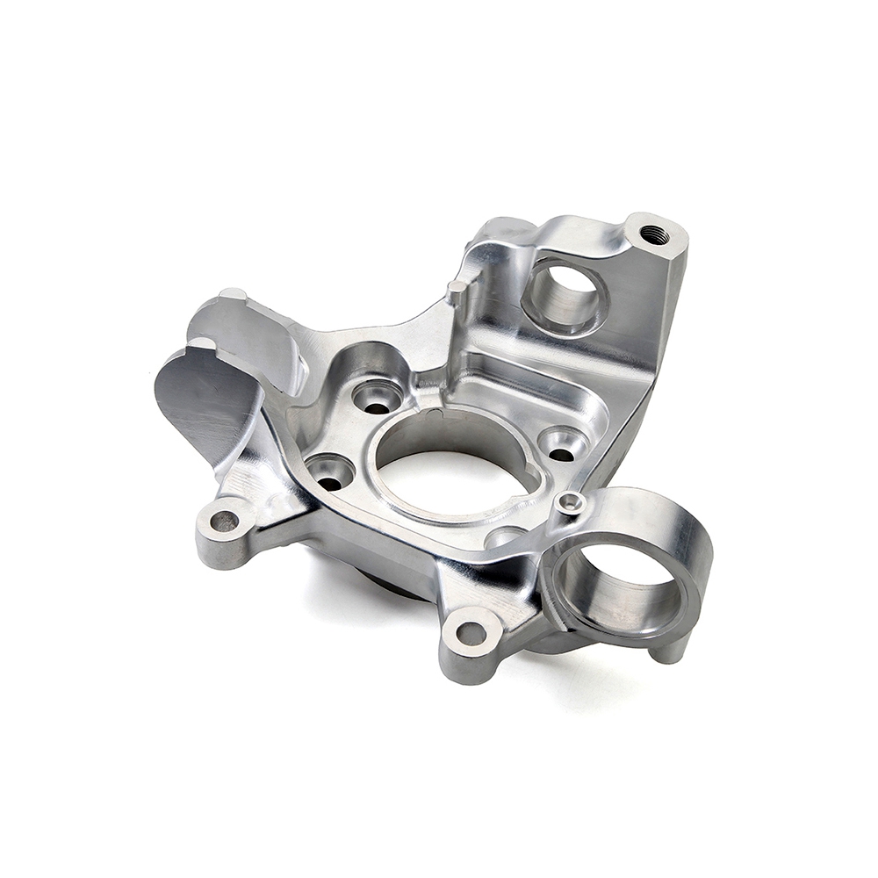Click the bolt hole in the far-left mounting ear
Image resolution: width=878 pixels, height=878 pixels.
pyautogui.click(x=224, y=522)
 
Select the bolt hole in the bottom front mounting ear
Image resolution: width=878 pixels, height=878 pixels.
pyautogui.click(x=471, y=632)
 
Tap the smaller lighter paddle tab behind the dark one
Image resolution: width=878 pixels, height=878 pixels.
pyautogui.click(x=250, y=338)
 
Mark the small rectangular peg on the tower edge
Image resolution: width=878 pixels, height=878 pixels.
pyautogui.click(x=456, y=290)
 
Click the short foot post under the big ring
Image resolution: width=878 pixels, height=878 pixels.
pyautogui.click(x=672, y=651)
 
